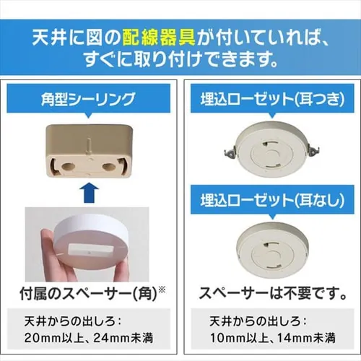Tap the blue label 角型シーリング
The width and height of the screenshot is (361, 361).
(90, 98)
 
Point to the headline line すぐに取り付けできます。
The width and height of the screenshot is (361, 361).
(180, 58)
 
